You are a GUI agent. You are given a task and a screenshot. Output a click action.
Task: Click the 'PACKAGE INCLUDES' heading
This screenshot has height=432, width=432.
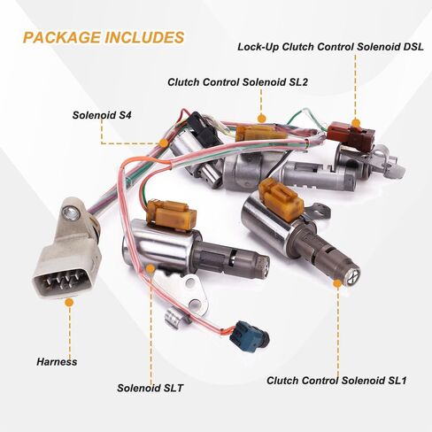[104, 37]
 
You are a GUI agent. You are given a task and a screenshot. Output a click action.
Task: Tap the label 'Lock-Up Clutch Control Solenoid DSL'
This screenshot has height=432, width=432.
[330, 47]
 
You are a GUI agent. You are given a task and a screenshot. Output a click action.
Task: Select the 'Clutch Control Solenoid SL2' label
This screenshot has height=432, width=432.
[237, 82]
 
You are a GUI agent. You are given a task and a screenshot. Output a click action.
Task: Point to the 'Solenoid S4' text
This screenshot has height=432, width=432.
[102, 115]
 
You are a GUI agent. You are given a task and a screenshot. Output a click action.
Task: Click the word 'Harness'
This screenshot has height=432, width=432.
[57, 362]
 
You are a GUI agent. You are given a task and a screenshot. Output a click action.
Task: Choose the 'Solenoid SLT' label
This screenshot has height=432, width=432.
[150, 388]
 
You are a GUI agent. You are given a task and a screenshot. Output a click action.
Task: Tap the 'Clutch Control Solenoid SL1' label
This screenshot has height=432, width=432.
[336, 381]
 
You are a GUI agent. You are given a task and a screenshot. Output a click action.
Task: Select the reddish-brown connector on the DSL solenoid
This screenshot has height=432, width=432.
[351, 135]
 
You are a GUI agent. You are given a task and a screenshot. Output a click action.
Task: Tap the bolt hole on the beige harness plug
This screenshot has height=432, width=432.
[71, 213]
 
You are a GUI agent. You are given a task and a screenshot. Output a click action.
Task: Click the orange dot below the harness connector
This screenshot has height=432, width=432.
[69, 302]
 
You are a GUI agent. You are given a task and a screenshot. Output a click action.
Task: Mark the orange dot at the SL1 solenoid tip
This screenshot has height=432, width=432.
[337, 283]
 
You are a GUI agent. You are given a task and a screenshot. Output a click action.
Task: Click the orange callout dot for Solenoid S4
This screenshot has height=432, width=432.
[163, 143]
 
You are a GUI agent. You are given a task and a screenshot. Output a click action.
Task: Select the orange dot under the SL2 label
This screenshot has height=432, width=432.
[261, 119]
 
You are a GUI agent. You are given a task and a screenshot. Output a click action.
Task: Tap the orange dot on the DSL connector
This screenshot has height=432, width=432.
[356, 123]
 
